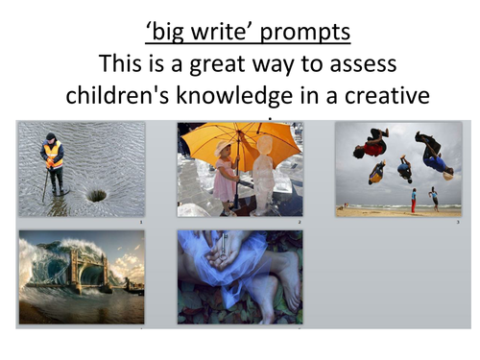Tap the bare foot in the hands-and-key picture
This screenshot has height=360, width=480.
[278, 288]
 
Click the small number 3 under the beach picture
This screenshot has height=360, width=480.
[458, 222]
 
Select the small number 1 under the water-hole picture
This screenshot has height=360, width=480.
[140, 222]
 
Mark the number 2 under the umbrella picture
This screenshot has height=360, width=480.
[300, 222]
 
